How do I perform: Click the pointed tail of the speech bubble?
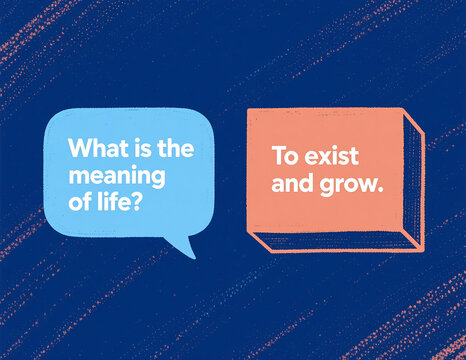(x=185, y=247)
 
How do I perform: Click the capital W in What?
(x=76, y=148)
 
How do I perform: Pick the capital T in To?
(x=278, y=158)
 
